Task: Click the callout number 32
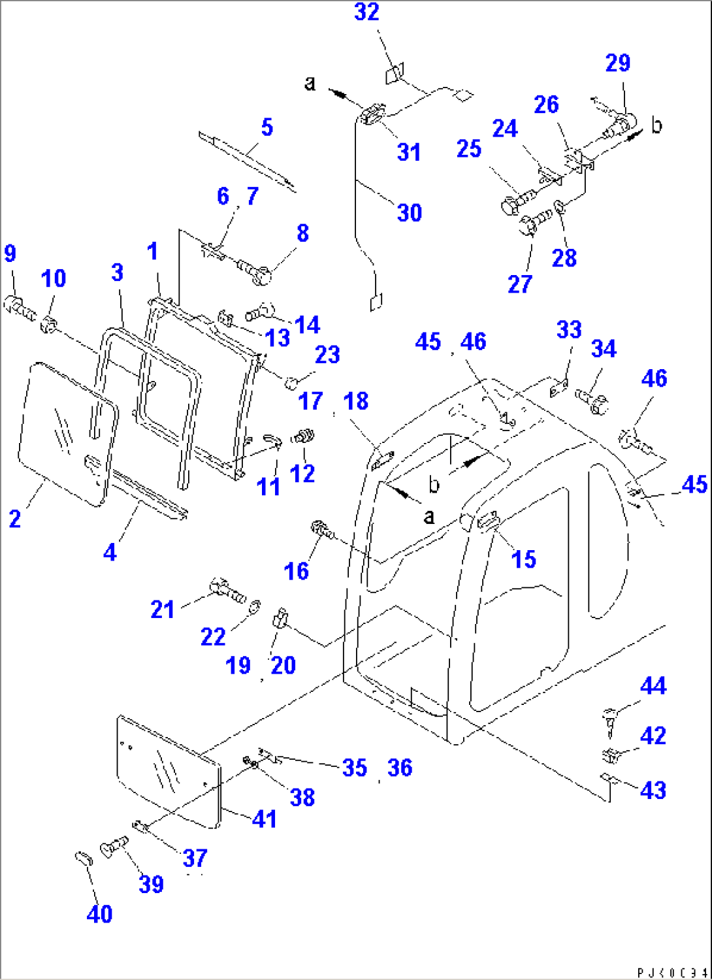click(x=366, y=12)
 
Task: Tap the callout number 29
click(x=617, y=63)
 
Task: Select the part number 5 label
click(x=267, y=127)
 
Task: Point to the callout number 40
click(x=99, y=914)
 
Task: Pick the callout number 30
click(x=410, y=213)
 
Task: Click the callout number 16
click(x=296, y=572)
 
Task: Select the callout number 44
click(x=653, y=686)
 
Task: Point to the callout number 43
click(x=653, y=791)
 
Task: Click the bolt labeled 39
click(x=113, y=847)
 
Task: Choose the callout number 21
click(x=163, y=610)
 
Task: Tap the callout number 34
click(x=603, y=349)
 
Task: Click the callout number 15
click(x=523, y=559)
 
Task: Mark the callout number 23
click(x=327, y=355)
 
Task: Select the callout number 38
click(x=302, y=798)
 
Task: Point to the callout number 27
click(x=520, y=284)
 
